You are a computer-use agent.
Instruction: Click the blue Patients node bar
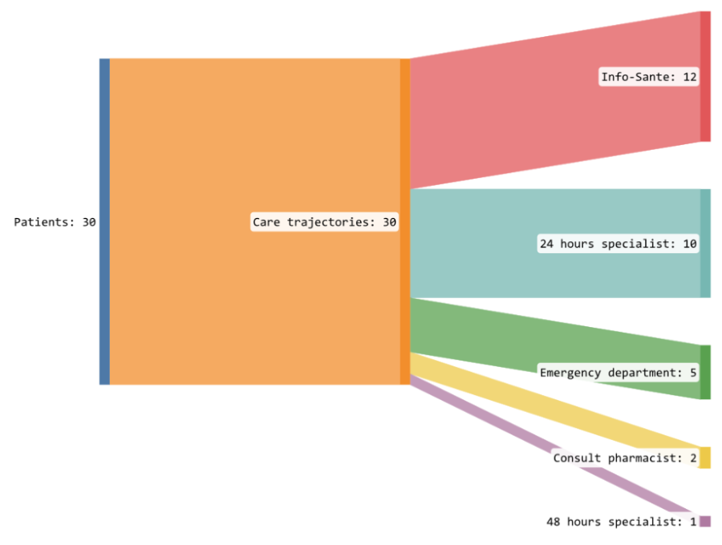pyautogui.click(x=104, y=221)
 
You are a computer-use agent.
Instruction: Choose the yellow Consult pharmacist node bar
pyautogui.click(x=705, y=458)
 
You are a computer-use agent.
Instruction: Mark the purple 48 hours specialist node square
pyautogui.click(x=705, y=521)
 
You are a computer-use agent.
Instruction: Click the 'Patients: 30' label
pyautogui.click(x=55, y=222)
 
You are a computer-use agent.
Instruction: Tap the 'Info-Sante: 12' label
pyautogui.click(x=650, y=77)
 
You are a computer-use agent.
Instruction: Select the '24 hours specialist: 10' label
pyautogui.click(x=618, y=244)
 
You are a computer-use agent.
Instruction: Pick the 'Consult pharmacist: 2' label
pyautogui.click(x=625, y=458)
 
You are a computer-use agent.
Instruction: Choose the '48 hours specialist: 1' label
pyautogui.click(x=622, y=522)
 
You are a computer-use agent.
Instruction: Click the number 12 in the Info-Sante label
pyautogui.click(x=689, y=77)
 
